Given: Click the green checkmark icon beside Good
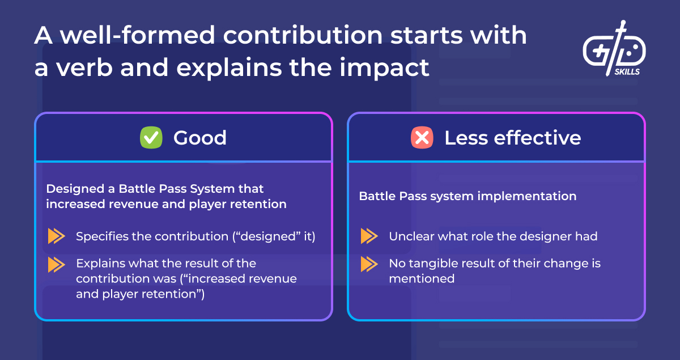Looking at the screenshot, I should point(151,138).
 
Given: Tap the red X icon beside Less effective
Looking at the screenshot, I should point(422,138).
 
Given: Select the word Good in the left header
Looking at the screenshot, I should point(200,138).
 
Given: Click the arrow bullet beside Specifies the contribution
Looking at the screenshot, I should point(56,236).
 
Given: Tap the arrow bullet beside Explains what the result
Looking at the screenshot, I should point(56,264).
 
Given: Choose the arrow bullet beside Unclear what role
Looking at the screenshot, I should point(369,236).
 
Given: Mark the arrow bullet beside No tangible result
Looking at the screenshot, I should point(369,264).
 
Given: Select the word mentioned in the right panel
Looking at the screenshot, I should point(421,278).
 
